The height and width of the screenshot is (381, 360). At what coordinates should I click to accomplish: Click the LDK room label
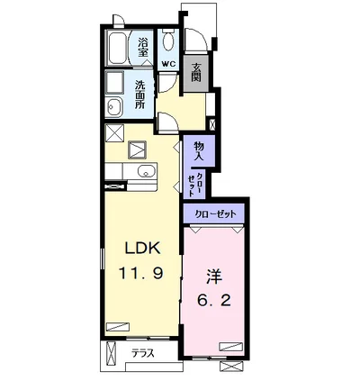(x=141, y=248)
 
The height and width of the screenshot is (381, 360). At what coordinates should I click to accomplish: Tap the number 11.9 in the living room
(x=141, y=273)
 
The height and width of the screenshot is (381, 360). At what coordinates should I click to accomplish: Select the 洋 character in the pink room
(x=214, y=277)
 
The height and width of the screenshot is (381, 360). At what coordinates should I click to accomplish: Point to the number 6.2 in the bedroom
(x=214, y=299)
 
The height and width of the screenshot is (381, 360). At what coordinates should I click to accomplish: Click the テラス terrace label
(x=143, y=353)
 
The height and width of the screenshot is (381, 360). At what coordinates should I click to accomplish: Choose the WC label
(x=168, y=64)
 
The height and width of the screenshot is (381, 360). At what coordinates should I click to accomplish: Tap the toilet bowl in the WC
(x=168, y=41)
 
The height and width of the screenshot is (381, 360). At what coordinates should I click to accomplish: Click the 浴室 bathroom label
(x=143, y=47)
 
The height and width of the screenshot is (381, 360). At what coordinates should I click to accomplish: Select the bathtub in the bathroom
(x=118, y=48)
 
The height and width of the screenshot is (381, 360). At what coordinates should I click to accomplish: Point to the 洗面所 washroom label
(x=139, y=95)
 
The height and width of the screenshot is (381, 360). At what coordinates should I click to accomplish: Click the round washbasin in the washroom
(x=114, y=106)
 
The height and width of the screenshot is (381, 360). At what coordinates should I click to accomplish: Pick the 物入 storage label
(x=199, y=150)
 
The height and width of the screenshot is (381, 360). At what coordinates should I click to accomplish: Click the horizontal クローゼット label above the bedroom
(x=216, y=214)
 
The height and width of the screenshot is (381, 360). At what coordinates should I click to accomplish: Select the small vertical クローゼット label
(x=194, y=185)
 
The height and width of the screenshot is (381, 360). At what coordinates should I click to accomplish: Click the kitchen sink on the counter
(x=147, y=171)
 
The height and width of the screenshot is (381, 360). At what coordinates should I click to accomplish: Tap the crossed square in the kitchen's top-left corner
(x=114, y=132)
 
